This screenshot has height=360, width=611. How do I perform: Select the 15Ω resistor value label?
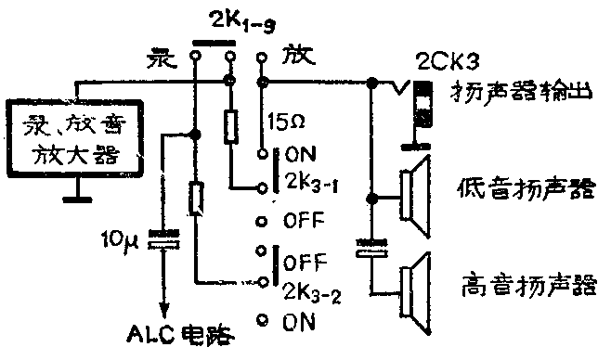pos(283,121)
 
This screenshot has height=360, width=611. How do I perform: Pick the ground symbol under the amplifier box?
pos(78,198)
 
